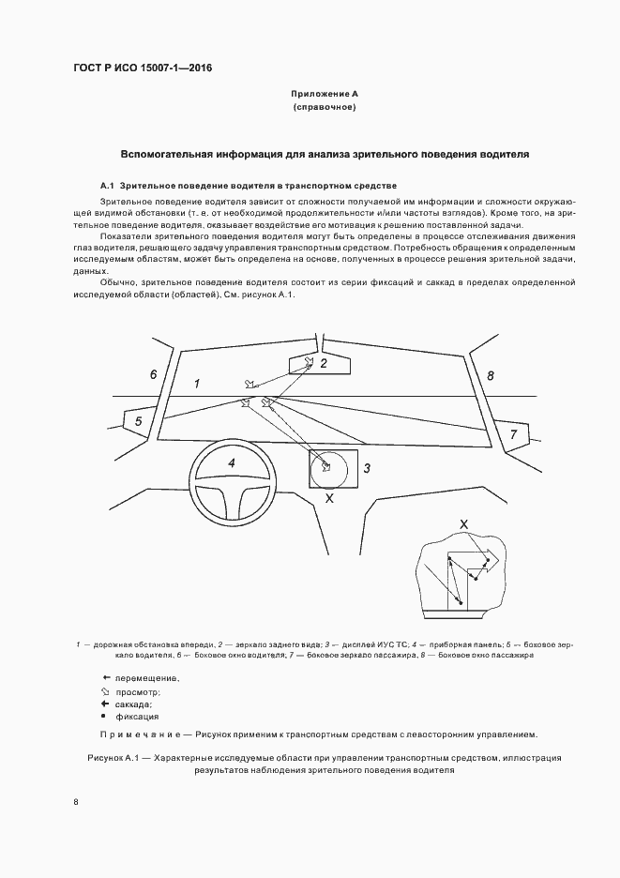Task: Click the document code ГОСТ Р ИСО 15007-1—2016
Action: pos(143,68)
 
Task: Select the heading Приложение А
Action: pos(324,95)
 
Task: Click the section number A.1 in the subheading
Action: pos(106,186)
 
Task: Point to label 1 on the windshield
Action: pos(197,384)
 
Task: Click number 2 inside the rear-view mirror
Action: pos(324,363)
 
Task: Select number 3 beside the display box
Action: pos(368,467)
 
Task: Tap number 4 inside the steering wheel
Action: pos(231,462)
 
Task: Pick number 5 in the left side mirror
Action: pos(138,422)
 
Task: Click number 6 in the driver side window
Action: pos(153,374)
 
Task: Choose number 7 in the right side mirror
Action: pos(513,433)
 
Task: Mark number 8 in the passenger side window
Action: pos(490,375)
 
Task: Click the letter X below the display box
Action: pos(328,500)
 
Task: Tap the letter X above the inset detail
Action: pos(463,523)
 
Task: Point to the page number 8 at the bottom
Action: pos(76,802)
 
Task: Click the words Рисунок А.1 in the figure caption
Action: pos(113,756)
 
